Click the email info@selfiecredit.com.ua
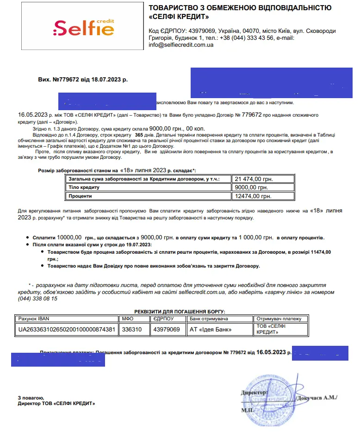click(x=181, y=45)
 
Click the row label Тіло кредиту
click(x=84, y=187)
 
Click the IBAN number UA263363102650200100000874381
click(x=66, y=330)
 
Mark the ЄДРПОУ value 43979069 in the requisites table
click(x=167, y=330)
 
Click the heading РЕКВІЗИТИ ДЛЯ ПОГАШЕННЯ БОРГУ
click(x=180, y=312)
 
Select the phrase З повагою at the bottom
click(x=31, y=398)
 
